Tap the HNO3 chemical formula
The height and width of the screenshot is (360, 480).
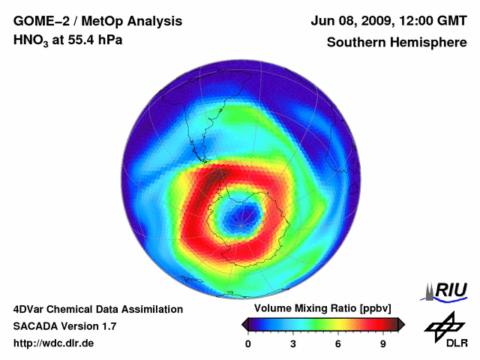click(34, 40)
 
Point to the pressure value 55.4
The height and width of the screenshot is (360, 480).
click(79, 40)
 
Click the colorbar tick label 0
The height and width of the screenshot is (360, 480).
click(248, 344)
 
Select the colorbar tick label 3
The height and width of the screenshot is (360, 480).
click(293, 344)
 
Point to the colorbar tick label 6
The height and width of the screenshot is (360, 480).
click(338, 344)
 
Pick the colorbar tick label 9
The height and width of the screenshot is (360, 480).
click(383, 344)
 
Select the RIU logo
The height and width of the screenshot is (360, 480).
click(446, 290)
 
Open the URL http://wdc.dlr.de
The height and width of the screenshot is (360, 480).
click(54, 343)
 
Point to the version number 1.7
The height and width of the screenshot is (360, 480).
click(107, 326)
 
